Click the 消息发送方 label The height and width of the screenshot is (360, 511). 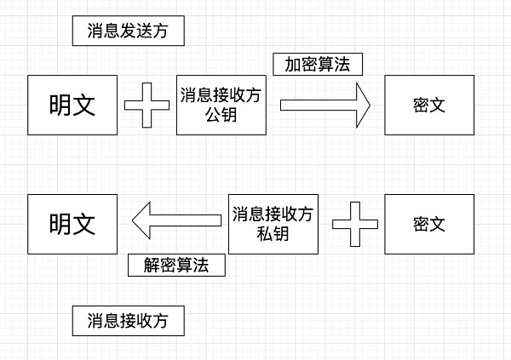point(128,31)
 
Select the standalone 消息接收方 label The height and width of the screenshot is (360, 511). point(128,321)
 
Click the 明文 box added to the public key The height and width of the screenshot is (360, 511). point(72,105)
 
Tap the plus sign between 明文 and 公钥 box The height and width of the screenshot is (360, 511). point(146,105)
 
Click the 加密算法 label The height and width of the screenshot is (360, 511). point(318,65)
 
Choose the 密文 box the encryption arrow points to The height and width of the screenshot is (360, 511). point(429,105)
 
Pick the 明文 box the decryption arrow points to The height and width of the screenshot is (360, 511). point(72,223)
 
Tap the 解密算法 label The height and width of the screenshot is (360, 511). point(176,265)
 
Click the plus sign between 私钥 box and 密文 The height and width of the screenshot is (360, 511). point(353,223)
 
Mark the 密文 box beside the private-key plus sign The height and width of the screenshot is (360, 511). point(429,223)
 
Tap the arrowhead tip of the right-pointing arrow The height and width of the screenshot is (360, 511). point(370,105)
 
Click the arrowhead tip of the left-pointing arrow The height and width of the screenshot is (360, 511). point(133,221)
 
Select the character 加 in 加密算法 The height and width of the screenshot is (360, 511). point(293,65)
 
